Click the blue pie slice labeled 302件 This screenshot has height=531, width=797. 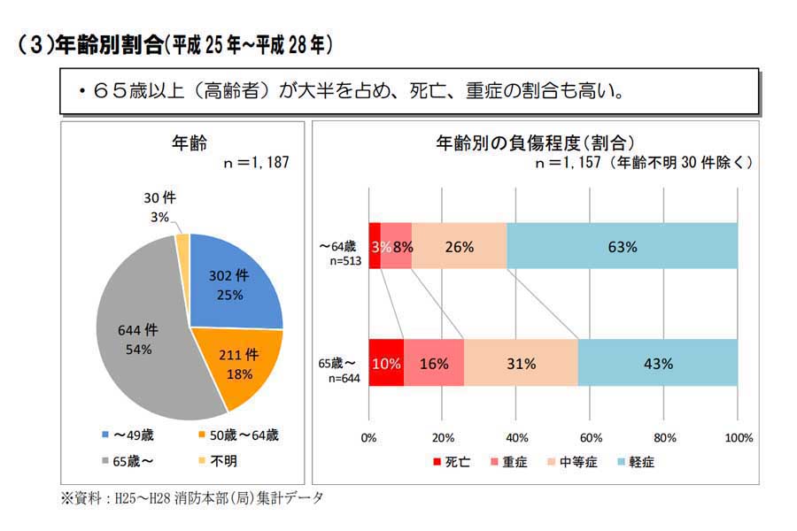click(x=232, y=284)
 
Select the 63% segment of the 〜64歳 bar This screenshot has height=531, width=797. click(x=623, y=246)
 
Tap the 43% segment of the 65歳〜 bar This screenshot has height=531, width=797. click(x=659, y=363)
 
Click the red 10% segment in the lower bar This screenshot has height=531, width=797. click(x=386, y=363)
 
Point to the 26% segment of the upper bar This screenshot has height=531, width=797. click(x=459, y=246)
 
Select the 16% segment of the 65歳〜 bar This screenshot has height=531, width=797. click(x=434, y=363)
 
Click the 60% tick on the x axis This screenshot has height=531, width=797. click(x=591, y=437)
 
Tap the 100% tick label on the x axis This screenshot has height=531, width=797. click(x=737, y=437)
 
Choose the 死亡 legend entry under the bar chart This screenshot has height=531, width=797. click(x=449, y=461)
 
